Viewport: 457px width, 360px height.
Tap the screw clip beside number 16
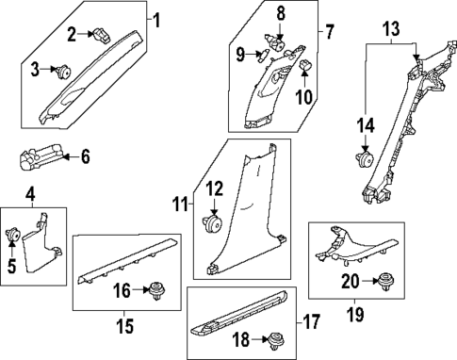coord(153,292)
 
